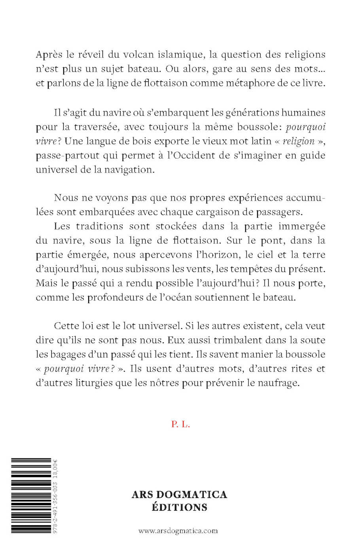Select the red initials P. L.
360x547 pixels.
(x=180, y=424)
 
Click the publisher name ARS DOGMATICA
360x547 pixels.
(x=179, y=494)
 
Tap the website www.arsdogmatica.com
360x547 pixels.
(x=178, y=530)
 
